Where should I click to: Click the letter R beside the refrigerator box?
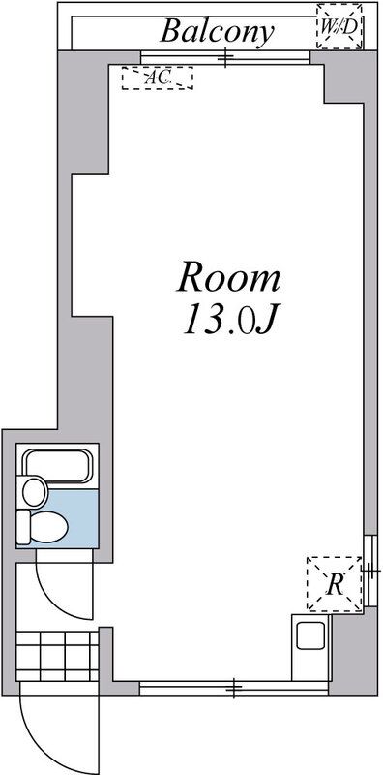pyautogui.click(x=335, y=584)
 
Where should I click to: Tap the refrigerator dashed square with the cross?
pyautogui.click(x=333, y=584)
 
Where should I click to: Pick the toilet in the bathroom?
pyautogui.click(x=44, y=528)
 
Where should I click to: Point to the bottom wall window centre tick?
pyautogui.click(x=234, y=689)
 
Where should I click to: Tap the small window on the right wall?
pyautogui.click(x=368, y=572)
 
